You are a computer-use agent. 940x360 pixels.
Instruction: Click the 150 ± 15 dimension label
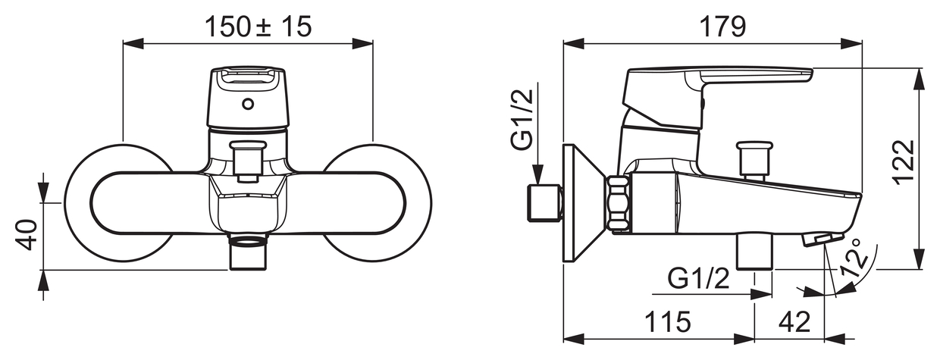pyautogui.click(x=258, y=27)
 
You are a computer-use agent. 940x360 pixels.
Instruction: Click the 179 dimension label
pyautogui.click(x=722, y=27)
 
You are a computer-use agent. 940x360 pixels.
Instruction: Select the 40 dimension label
pyautogui.click(x=26, y=234)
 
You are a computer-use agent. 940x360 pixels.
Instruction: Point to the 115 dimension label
pyautogui.click(x=667, y=322)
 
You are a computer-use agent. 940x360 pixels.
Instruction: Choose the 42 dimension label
pyautogui.click(x=794, y=322)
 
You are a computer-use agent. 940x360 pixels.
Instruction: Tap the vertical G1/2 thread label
pyautogui.click(x=522, y=119)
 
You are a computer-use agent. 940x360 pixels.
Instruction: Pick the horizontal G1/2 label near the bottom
pyautogui.click(x=699, y=277)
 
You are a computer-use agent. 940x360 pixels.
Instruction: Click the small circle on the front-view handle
pyautogui.click(x=248, y=104)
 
